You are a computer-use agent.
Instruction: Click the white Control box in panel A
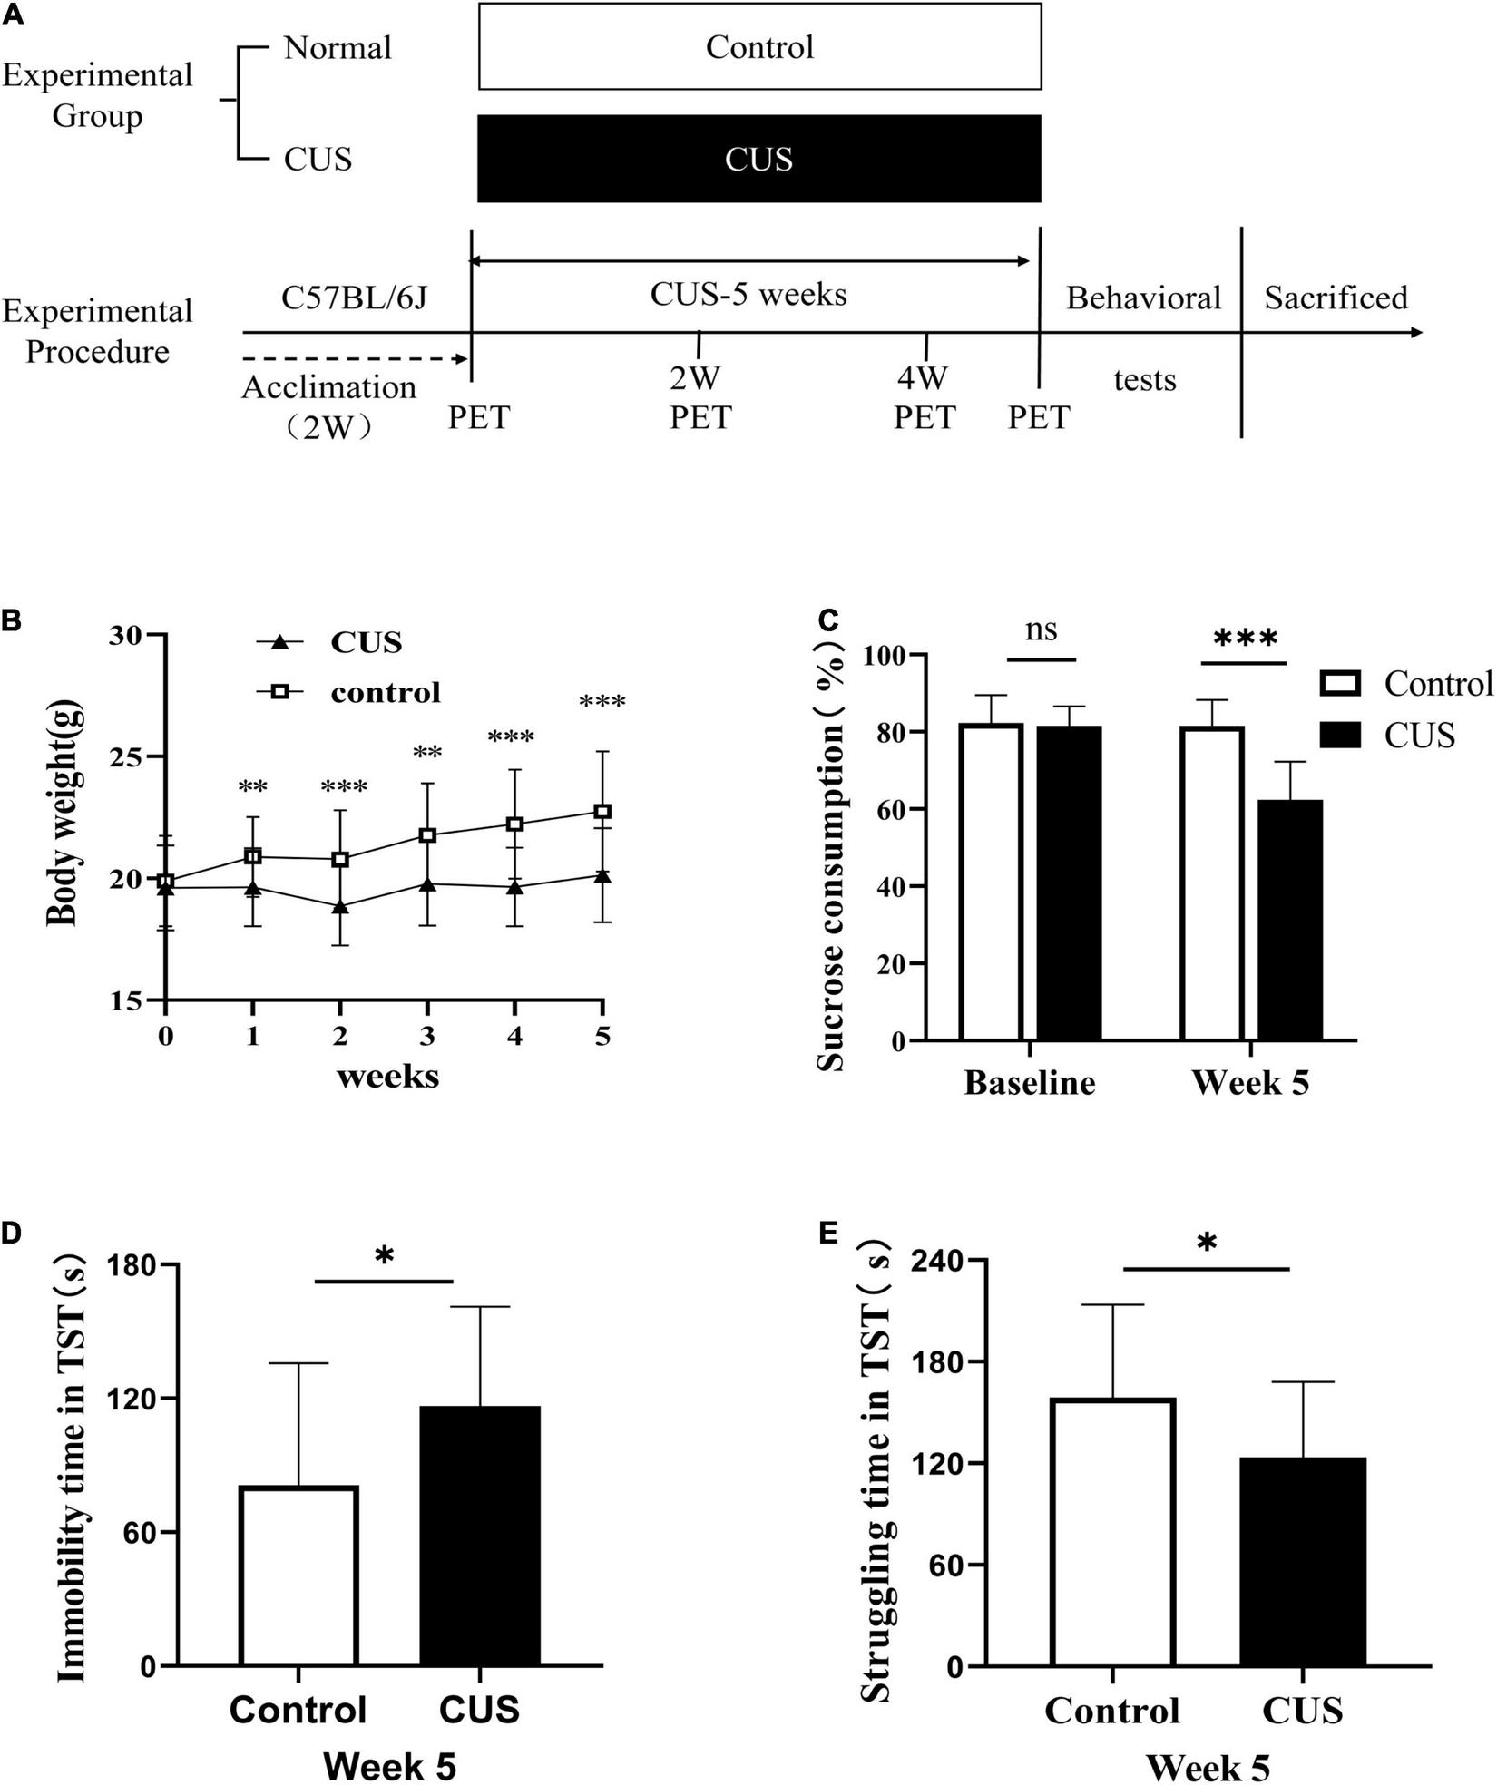pos(759,47)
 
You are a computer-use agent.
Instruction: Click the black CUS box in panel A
pos(759,159)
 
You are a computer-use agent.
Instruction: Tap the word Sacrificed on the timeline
pos(1336,297)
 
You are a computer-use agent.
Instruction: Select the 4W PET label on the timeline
pos(925,398)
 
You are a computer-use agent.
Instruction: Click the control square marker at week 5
pos(602,811)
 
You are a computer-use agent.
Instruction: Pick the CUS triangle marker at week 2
pos(340,907)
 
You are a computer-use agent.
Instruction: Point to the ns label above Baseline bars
pos(1041,629)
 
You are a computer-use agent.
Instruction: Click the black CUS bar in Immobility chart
pos(480,1536)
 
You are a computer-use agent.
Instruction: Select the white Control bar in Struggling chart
pos(1112,1532)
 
